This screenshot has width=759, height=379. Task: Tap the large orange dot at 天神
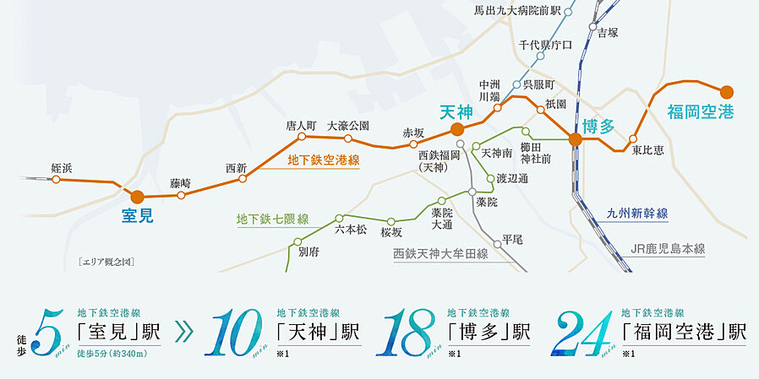point(456,129)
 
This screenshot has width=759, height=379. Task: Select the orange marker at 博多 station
point(575,139)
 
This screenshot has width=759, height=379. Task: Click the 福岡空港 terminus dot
point(726,92)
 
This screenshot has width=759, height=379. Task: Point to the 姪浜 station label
point(62,169)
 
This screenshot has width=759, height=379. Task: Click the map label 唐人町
point(301,126)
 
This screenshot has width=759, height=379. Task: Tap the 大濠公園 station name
point(348,126)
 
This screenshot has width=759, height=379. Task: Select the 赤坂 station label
point(413,133)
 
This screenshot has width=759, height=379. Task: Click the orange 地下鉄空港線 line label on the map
point(324,160)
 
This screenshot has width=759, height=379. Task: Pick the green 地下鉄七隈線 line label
point(272,219)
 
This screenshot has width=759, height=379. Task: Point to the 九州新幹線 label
point(637,214)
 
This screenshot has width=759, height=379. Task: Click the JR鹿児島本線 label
point(668,249)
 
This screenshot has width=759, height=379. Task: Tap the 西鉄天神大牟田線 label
point(445,253)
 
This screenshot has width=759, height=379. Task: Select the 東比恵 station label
point(647,150)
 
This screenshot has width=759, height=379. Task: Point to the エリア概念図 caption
point(106,262)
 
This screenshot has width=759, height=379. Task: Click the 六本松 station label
point(351,229)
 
